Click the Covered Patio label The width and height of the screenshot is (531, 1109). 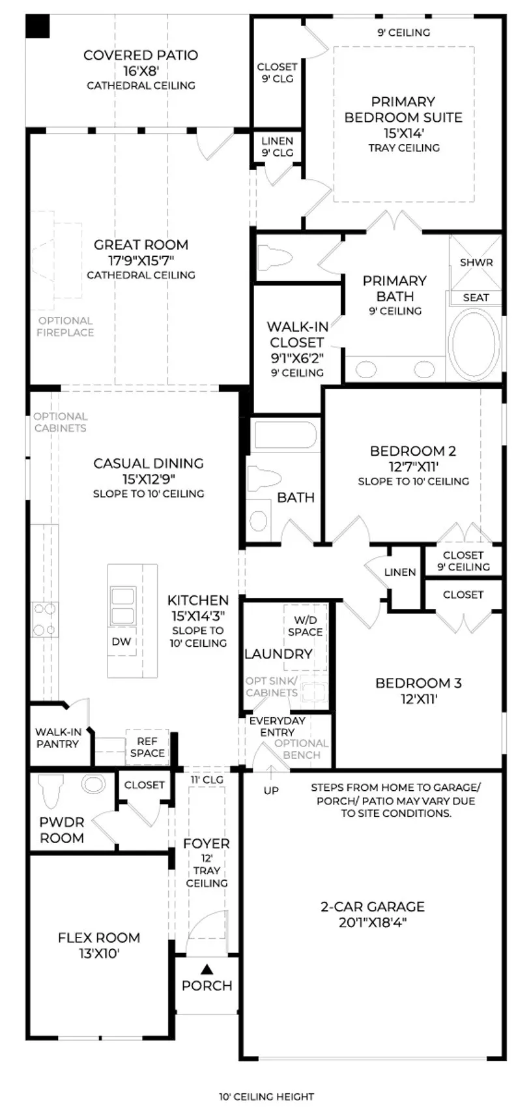pyautogui.click(x=141, y=55)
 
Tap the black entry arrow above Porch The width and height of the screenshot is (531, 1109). pyautogui.click(x=207, y=968)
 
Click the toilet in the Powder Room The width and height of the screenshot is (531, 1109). pyautogui.click(x=51, y=791)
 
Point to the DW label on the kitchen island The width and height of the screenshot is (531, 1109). pyautogui.click(x=121, y=642)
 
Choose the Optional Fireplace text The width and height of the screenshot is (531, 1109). pyautogui.click(x=66, y=327)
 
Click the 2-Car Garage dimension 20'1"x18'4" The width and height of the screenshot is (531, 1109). pyautogui.click(x=373, y=923)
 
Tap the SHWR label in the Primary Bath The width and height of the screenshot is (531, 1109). pyautogui.click(x=476, y=262)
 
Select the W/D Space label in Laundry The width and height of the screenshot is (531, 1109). pyautogui.click(x=306, y=627)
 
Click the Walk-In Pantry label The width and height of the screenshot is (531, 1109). pyautogui.click(x=57, y=737)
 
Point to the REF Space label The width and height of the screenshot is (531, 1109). pyautogui.click(x=147, y=747)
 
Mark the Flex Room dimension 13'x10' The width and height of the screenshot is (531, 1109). pyautogui.click(x=98, y=954)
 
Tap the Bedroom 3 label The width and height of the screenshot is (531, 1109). pyautogui.click(x=418, y=683)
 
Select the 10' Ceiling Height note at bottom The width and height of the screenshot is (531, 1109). pyautogui.click(x=266, y=1097)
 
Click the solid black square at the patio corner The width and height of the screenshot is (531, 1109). pyautogui.click(x=38, y=26)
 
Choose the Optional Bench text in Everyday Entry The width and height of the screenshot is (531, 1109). pyautogui.click(x=302, y=749)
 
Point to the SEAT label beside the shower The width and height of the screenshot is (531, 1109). pyautogui.click(x=476, y=297)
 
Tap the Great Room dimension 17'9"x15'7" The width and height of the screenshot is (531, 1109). pyautogui.click(x=141, y=260)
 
